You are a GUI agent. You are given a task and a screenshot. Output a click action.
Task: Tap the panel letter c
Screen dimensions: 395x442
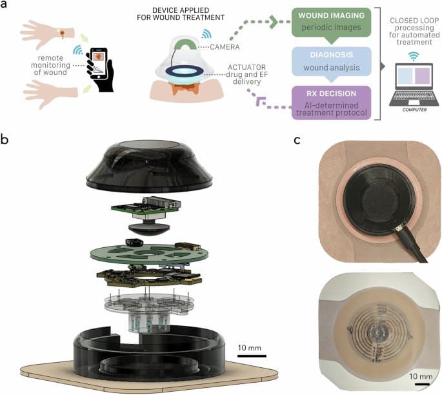(x=297, y=139)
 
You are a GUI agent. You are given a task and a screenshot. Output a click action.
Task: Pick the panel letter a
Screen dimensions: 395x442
(x=5, y=6)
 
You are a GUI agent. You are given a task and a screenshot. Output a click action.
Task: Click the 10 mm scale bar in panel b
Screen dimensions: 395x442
(x=248, y=354)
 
